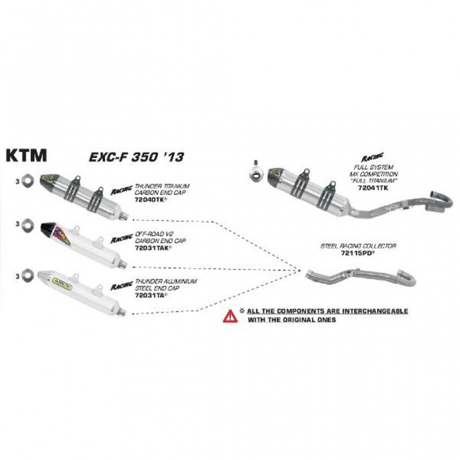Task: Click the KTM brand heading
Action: click(x=26, y=157)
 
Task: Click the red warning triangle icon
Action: click(x=230, y=315)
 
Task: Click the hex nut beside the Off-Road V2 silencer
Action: click(x=27, y=224)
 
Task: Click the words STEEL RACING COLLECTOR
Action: click(x=358, y=246)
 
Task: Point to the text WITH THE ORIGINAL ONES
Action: click(x=292, y=319)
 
